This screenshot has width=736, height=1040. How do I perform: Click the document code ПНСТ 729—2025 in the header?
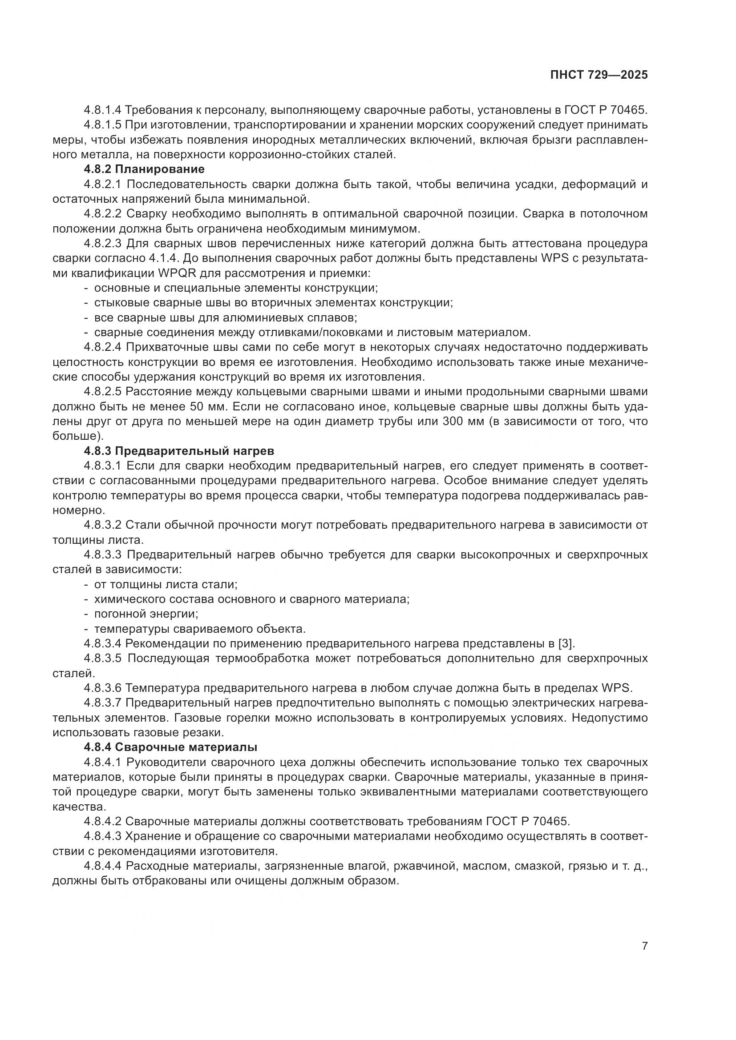[599, 75]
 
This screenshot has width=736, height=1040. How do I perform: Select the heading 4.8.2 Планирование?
[144, 169]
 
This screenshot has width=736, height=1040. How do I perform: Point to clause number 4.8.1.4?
[102, 110]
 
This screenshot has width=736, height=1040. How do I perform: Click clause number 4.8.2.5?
[102, 392]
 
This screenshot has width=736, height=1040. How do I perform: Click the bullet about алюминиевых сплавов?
[225, 317]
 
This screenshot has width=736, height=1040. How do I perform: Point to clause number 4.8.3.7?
[102, 703]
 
